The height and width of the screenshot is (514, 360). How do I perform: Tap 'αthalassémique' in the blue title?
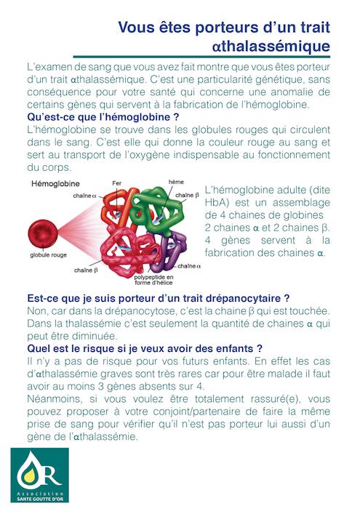pyautogui.click(x=271, y=47)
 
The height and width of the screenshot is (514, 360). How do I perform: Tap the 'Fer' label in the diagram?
pyautogui.click(x=117, y=182)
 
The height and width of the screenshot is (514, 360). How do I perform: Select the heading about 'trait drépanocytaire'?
pyautogui.click(x=158, y=298)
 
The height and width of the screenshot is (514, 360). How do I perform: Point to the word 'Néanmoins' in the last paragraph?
pyautogui.click(x=52, y=400)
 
